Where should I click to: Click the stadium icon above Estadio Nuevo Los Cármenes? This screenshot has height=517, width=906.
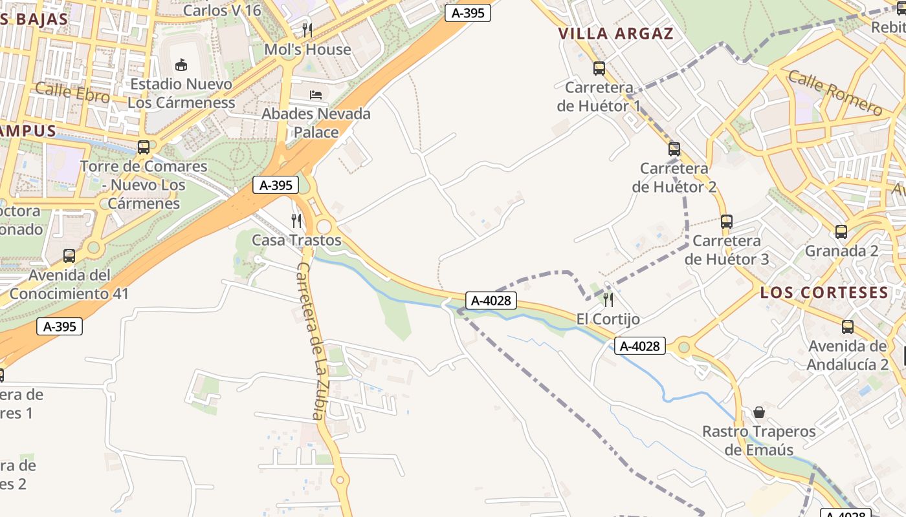[181, 65]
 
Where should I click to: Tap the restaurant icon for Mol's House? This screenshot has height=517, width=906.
[307, 30]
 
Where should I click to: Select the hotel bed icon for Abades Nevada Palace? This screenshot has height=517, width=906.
[316, 95]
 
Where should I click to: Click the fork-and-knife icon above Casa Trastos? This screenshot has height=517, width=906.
[296, 221]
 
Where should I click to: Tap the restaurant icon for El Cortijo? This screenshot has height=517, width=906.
[608, 299]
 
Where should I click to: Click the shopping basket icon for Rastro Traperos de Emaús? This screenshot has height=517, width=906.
[759, 412]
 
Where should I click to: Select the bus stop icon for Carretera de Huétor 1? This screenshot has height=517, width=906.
[599, 68]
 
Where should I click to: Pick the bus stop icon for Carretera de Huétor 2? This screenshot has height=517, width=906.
[674, 149]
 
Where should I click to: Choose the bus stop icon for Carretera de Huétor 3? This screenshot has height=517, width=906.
[727, 222]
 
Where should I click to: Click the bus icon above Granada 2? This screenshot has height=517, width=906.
[841, 231]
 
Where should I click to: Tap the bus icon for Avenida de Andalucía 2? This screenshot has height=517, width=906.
[848, 327]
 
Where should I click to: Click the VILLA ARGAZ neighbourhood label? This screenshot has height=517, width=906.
[616, 34]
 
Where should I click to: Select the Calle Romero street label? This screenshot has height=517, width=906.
[835, 93]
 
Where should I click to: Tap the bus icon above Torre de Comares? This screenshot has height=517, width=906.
[144, 147]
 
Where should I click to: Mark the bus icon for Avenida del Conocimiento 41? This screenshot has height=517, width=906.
[69, 256]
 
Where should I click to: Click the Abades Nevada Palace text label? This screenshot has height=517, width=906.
[316, 123]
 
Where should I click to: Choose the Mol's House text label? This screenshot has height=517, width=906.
[307, 49]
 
